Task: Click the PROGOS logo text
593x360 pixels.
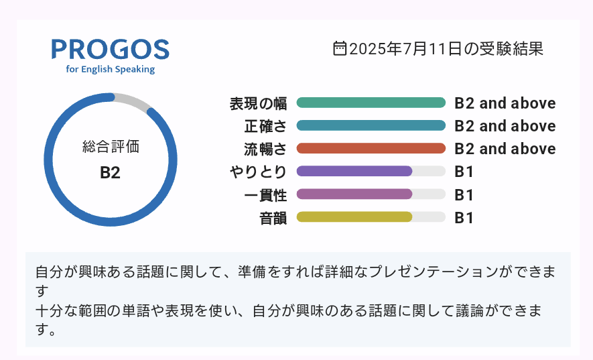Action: pyautogui.click(x=110, y=49)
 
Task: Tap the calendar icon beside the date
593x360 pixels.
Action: pyautogui.click(x=340, y=48)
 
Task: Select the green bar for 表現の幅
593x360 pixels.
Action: pyautogui.click(x=371, y=103)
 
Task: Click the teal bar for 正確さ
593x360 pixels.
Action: pyautogui.click(x=371, y=125)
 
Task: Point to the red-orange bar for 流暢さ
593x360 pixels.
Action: pyautogui.click(x=371, y=148)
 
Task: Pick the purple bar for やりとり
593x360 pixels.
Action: pyautogui.click(x=354, y=171)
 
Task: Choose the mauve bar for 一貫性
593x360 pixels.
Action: pyautogui.click(x=354, y=194)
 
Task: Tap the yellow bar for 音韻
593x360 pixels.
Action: pyautogui.click(x=354, y=217)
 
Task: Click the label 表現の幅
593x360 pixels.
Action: pyautogui.click(x=258, y=103)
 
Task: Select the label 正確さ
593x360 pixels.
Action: pyautogui.click(x=265, y=126)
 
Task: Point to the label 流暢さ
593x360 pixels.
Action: pyautogui.click(x=265, y=149)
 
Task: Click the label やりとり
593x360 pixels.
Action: pyautogui.click(x=258, y=172)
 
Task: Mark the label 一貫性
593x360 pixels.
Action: pyautogui.click(x=265, y=195)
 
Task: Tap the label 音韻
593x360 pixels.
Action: pyautogui.click(x=273, y=218)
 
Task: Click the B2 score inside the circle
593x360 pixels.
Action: pyautogui.click(x=110, y=172)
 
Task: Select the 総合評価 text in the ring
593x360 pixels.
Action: pyautogui.click(x=111, y=147)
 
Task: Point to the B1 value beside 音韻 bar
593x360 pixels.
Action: pyautogui.click(x=464, y=218)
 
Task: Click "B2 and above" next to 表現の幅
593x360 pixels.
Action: pyautogui.click(x=505, y=103)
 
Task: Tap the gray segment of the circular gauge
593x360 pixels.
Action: pyautogui.click(x=133, y=101)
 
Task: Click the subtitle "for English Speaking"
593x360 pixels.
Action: pyautogui.click(x=110, y=69)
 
